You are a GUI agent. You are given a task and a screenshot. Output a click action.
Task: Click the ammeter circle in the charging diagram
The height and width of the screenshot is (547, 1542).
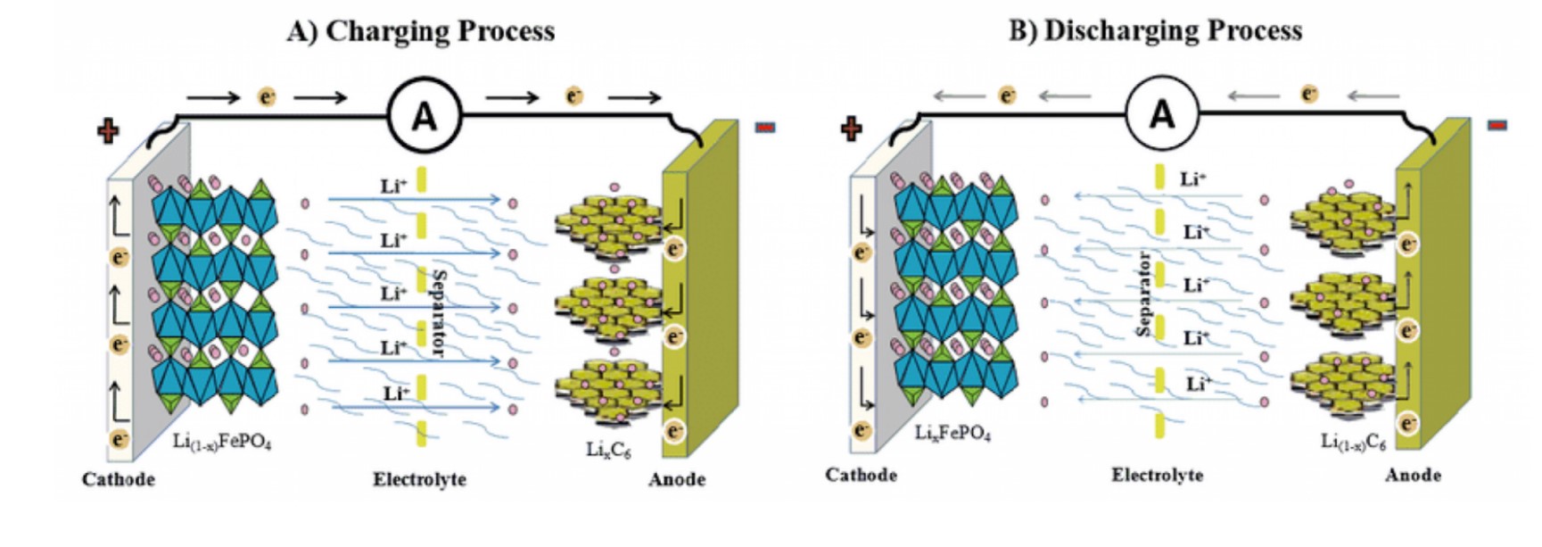click(425, 115)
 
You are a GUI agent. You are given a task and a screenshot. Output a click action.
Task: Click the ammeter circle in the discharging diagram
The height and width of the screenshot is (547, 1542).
click(1162, 114)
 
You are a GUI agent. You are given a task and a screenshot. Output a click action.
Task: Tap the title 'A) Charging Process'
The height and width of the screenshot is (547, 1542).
click(420, 31)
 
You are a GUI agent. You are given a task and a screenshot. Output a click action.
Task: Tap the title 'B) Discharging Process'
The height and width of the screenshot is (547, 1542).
click(1155, 30)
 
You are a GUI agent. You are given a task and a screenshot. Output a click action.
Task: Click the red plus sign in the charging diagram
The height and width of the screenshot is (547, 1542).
click(108, 131)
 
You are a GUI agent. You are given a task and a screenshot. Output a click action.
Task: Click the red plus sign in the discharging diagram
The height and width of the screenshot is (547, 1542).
click(852, 128)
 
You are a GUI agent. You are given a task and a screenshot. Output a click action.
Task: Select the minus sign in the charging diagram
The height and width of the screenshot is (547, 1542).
click(764, 128)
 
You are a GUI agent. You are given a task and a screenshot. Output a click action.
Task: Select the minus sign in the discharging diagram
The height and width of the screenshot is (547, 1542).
click(1497, 125)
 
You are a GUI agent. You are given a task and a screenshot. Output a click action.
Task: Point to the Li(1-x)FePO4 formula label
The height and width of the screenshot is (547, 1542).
click(222, 441)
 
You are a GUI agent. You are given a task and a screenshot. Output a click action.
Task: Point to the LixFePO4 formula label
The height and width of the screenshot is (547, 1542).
click(952, 434)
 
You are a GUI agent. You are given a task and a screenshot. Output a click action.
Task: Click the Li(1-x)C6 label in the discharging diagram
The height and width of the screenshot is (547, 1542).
click(1353, 441)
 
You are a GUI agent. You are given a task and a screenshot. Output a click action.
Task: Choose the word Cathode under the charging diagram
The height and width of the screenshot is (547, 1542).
click(119, 479)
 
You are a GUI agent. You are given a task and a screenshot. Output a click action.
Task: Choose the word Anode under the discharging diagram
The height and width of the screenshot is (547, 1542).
click(1413, 475)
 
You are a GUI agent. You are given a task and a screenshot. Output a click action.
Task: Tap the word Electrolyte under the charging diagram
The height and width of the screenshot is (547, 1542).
click(419, 479)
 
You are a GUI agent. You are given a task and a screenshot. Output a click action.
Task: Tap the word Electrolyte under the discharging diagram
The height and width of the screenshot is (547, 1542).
click(1157, 475)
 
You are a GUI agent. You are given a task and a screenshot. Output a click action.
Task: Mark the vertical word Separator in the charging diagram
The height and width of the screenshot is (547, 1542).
click(438, 312)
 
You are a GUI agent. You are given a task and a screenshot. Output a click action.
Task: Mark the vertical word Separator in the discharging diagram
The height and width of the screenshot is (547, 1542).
click(1144, 294)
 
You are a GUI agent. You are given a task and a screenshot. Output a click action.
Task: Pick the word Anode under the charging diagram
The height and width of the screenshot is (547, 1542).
click(677, 479)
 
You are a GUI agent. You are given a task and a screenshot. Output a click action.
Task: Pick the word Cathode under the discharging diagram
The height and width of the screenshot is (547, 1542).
click(861, 475)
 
